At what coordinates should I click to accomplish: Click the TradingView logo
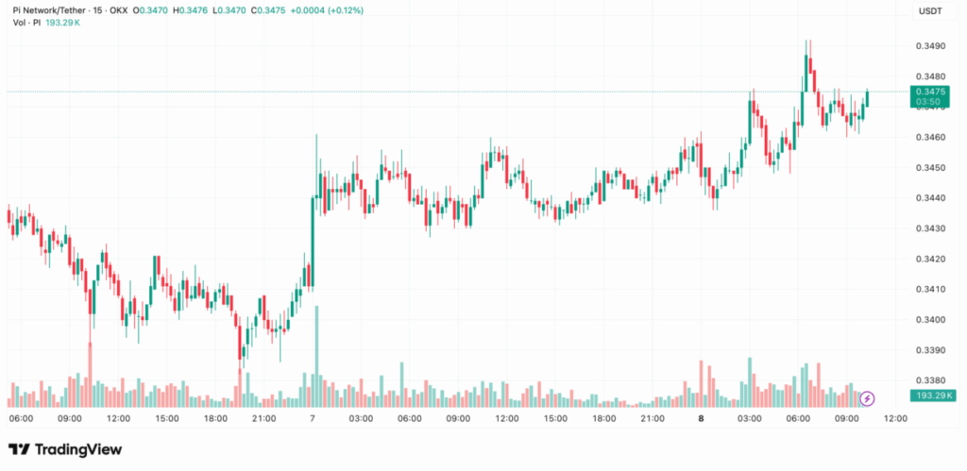tap(65, 449)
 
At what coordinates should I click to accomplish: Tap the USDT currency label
tap(930, 10)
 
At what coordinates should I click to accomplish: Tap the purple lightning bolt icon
tap(867, 399)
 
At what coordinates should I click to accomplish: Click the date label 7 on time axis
tap(313, 418)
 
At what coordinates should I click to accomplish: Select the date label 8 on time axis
tap(701, 418)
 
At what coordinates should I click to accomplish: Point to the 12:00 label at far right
tap(894, 418)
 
